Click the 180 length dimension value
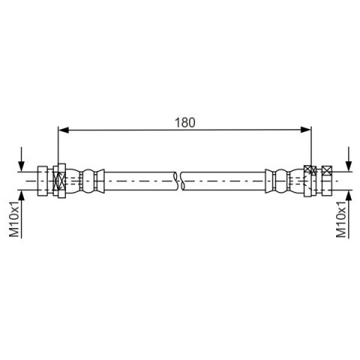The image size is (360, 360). click(184, 122)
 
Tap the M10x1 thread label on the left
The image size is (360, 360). click(14, 219)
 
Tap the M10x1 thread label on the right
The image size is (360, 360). click(341, 219)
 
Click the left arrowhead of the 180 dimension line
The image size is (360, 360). click(63, 130)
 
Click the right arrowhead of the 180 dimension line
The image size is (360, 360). click(306, 130)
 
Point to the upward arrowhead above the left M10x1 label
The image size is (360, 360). click(22, 196)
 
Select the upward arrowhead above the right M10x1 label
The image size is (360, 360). click(349, 196)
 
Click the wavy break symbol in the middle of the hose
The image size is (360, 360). click(178, 181)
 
